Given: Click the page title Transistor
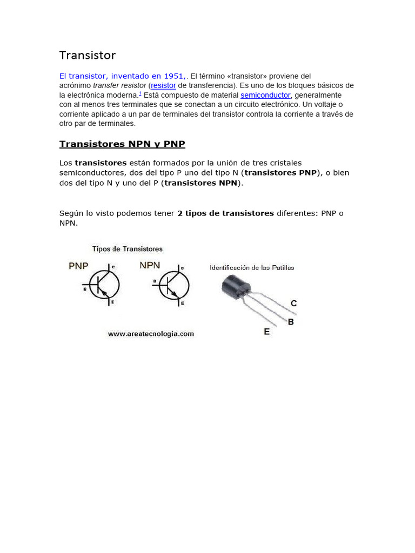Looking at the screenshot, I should (87, 56).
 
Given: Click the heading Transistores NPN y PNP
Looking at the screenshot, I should (122, 144).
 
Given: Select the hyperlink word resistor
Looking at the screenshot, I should (163, 85).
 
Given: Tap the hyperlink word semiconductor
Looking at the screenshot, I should (265, 95).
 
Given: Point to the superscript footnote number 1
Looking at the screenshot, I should (140, 93).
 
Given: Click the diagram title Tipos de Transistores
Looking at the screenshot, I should (127, 249).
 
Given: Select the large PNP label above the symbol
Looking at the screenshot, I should (78, 266).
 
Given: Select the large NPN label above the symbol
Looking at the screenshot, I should (150, 265).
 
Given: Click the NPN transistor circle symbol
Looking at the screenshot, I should (173, 284).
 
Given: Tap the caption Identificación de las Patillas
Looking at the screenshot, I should (252, 268).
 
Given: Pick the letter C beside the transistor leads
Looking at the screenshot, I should (293, 304).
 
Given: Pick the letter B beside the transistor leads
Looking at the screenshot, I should (291, 322).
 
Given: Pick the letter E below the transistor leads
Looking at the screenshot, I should (266, 332).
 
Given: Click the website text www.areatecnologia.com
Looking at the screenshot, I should (151, 334).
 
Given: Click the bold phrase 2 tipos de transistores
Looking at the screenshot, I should (225, 213).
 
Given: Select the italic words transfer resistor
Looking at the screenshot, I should (119, 85).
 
